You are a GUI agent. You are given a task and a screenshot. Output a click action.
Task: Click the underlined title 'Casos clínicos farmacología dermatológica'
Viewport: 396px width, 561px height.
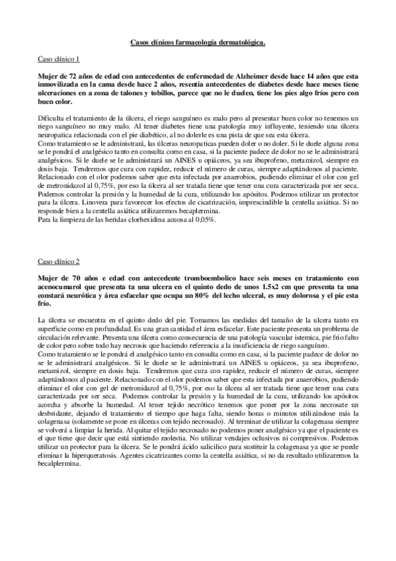(198, 43)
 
